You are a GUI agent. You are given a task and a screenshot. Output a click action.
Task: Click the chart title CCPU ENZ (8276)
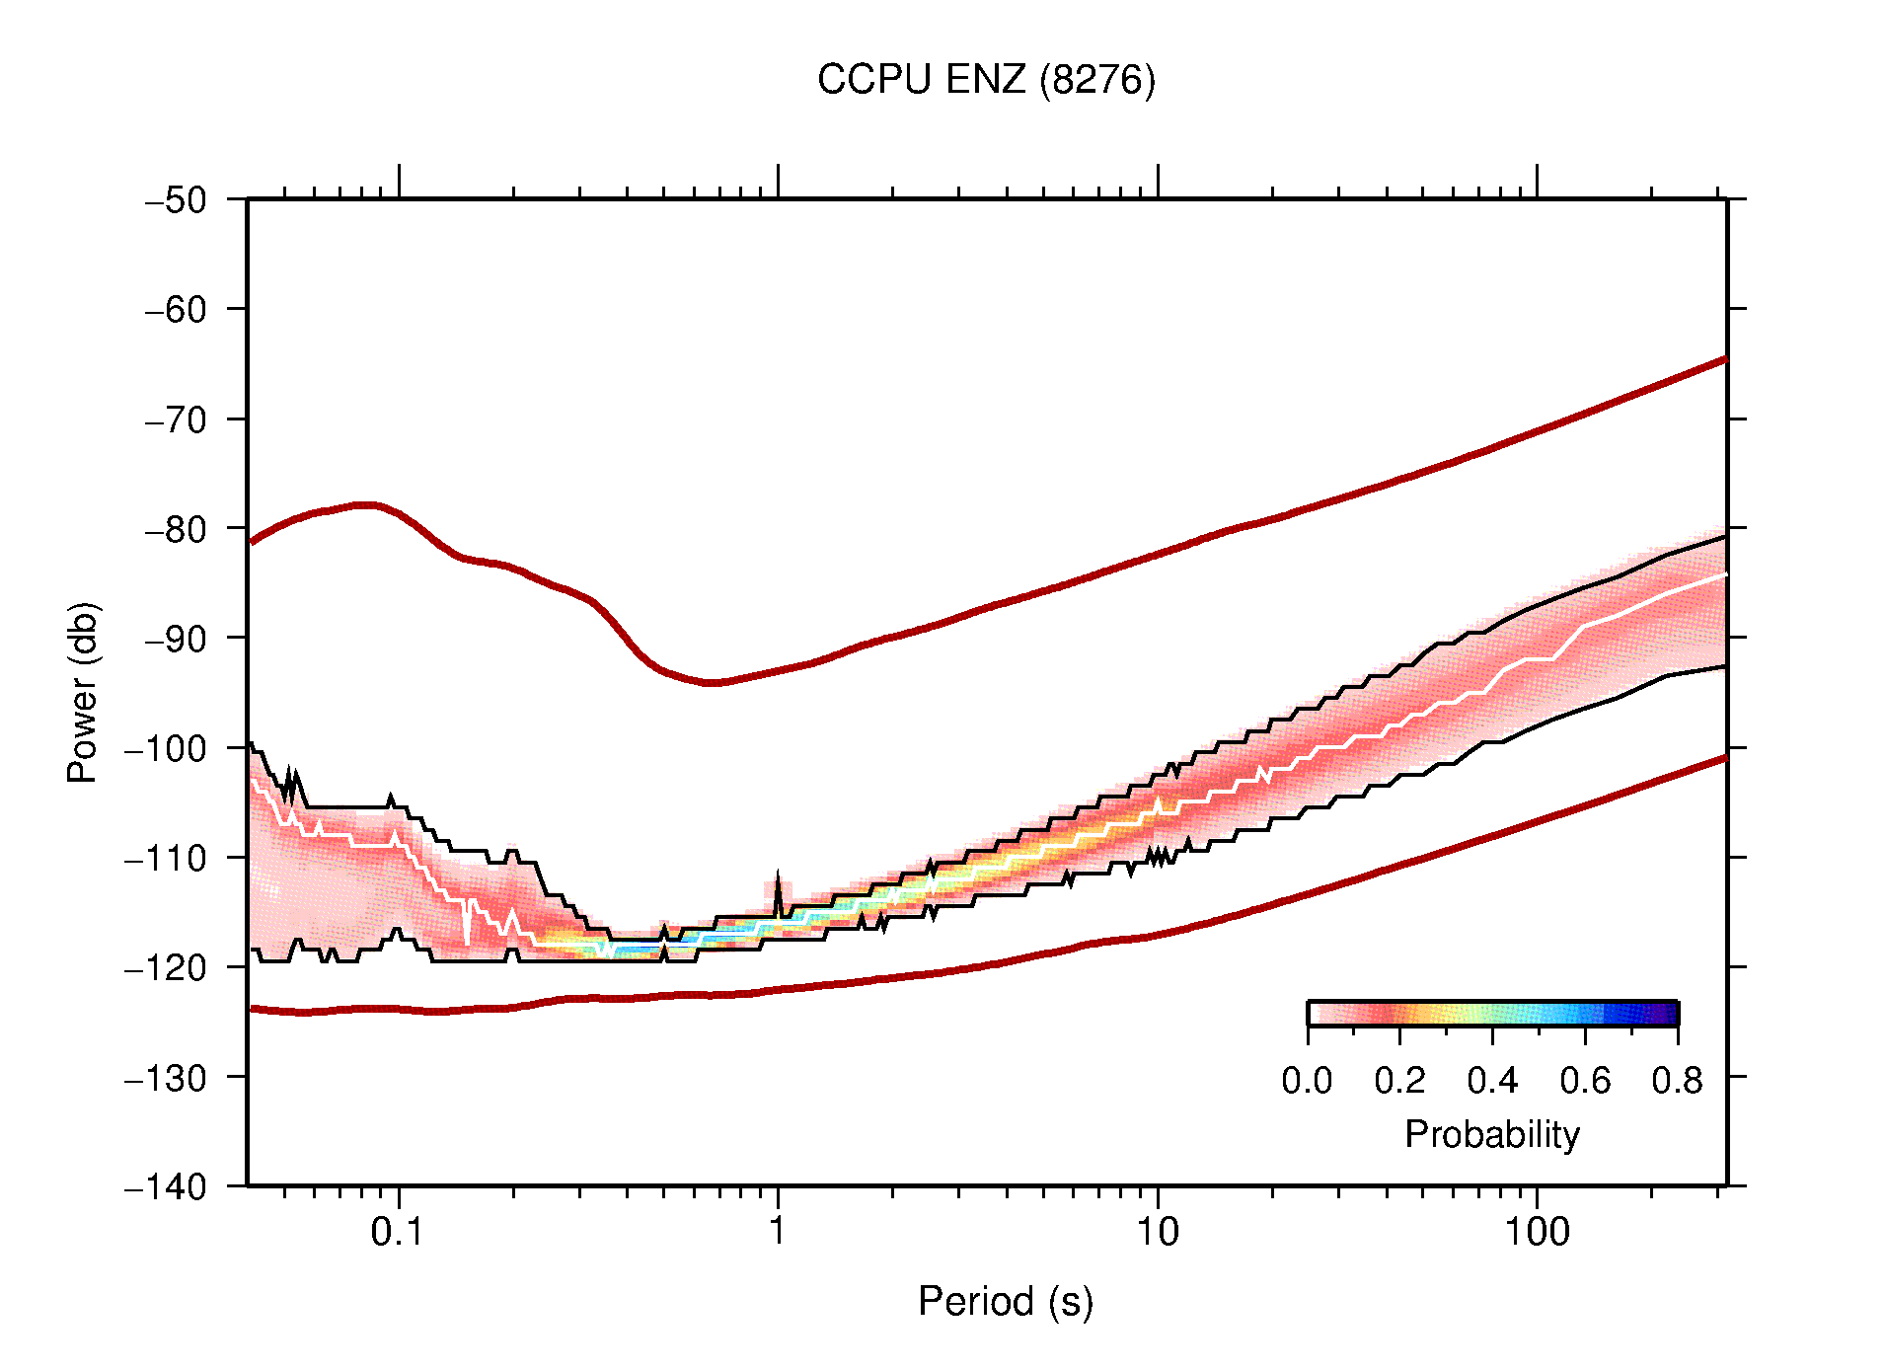[x=985, y=80]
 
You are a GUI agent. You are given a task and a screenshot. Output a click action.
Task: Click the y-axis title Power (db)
[x=83, y=692]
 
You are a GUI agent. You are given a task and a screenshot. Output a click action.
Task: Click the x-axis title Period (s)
[x=1005, y=1301]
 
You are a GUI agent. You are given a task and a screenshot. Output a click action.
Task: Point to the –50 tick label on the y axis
[x=176, y=200]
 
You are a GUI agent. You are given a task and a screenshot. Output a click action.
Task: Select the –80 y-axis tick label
[x=176, y=529]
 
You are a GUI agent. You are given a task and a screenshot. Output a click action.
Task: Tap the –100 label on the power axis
[x=166, y=748]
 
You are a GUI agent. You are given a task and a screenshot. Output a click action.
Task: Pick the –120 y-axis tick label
[x=166, y=967]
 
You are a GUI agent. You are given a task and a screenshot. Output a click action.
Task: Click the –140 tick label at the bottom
[x=166, y=1186]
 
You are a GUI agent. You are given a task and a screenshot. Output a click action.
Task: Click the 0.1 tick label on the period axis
[x=398, y=1232]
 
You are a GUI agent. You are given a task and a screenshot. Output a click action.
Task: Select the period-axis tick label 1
[x=778, y=1232]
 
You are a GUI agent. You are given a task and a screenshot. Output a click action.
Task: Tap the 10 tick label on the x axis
[x=1157, y=1232]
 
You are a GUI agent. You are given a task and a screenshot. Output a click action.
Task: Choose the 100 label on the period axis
[x=1536, y=1232]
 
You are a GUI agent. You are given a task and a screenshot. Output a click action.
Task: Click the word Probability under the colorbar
[x=1491, y=1135]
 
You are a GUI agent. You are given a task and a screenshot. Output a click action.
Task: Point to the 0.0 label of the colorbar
[x=1307, y=1081]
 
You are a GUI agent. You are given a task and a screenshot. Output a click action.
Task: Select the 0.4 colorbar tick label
[x=1492, y=1081]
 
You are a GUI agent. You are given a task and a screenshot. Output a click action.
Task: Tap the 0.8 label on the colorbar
[x=1677, y=1081]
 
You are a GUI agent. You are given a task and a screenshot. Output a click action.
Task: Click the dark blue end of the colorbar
[x=1668, y=1014]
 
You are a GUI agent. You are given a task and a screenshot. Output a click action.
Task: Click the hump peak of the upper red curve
[x=367, y=504]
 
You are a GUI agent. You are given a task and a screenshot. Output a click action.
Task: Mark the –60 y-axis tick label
[x=176, y=310]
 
